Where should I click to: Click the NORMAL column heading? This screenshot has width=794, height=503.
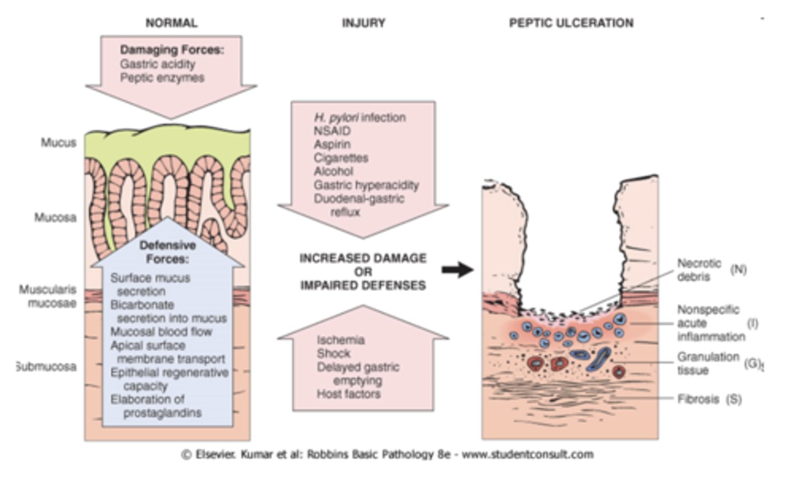point(171,23)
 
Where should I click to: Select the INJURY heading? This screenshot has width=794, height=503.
point(363,23)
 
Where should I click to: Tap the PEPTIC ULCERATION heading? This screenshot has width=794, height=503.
point(571,23)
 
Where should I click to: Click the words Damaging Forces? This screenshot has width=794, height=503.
point(172,50)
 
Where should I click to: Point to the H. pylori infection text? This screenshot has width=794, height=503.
point(360,117)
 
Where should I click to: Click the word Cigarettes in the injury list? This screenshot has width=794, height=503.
point(341,158)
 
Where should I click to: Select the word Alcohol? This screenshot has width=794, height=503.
point(333,171)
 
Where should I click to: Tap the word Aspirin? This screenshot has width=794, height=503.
point(332,144)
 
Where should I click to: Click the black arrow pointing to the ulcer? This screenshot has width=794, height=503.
point(457,270)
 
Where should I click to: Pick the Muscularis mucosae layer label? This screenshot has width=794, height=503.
point(48,296)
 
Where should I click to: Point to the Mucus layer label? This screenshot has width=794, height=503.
point(58,143)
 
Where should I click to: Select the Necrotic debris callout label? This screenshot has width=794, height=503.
point(699,270)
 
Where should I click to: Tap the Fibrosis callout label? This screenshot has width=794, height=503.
point(698,399)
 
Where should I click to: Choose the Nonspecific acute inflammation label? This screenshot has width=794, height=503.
point(710,323)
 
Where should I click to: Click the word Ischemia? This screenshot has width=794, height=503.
point(340,340)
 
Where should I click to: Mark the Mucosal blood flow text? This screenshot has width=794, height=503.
point(161,332)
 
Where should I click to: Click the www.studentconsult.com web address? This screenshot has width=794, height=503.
point(527,454)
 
